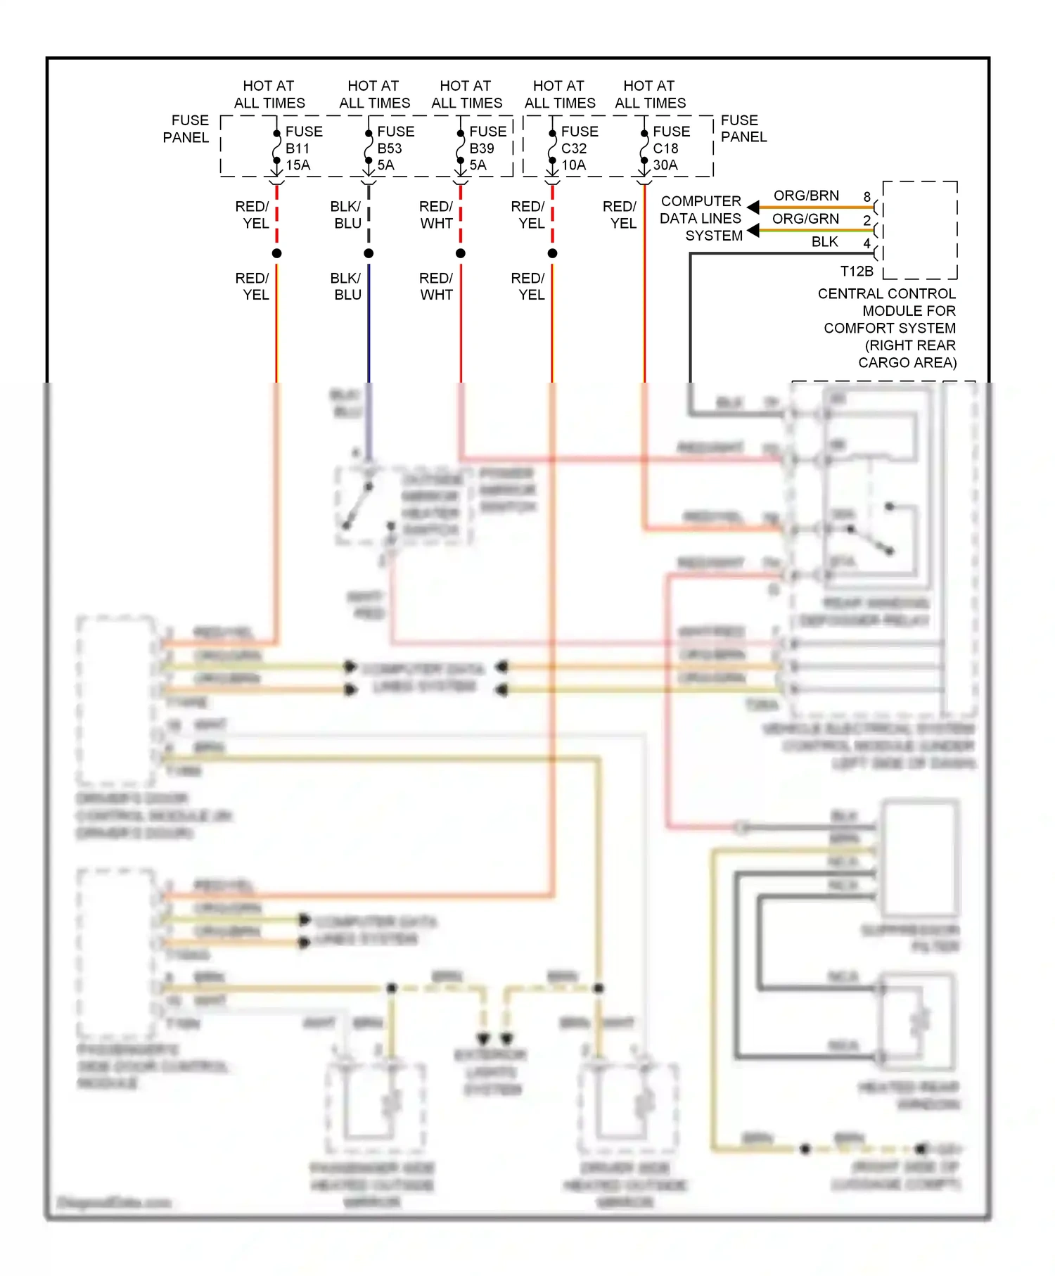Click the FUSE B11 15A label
303,148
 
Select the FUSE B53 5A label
395,148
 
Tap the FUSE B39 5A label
487,148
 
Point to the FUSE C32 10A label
579,148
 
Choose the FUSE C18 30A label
671,148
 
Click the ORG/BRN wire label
806,196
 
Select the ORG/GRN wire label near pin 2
805,219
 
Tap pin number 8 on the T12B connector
867,197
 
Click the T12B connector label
856,272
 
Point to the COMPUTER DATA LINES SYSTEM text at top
701,218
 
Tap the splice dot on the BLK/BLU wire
369,253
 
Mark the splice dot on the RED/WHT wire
461,253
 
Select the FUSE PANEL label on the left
186,129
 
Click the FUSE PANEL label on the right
743,129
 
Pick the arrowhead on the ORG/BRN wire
753,208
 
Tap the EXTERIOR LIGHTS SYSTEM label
491,1072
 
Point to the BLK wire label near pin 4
824,242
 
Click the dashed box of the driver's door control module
116,700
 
